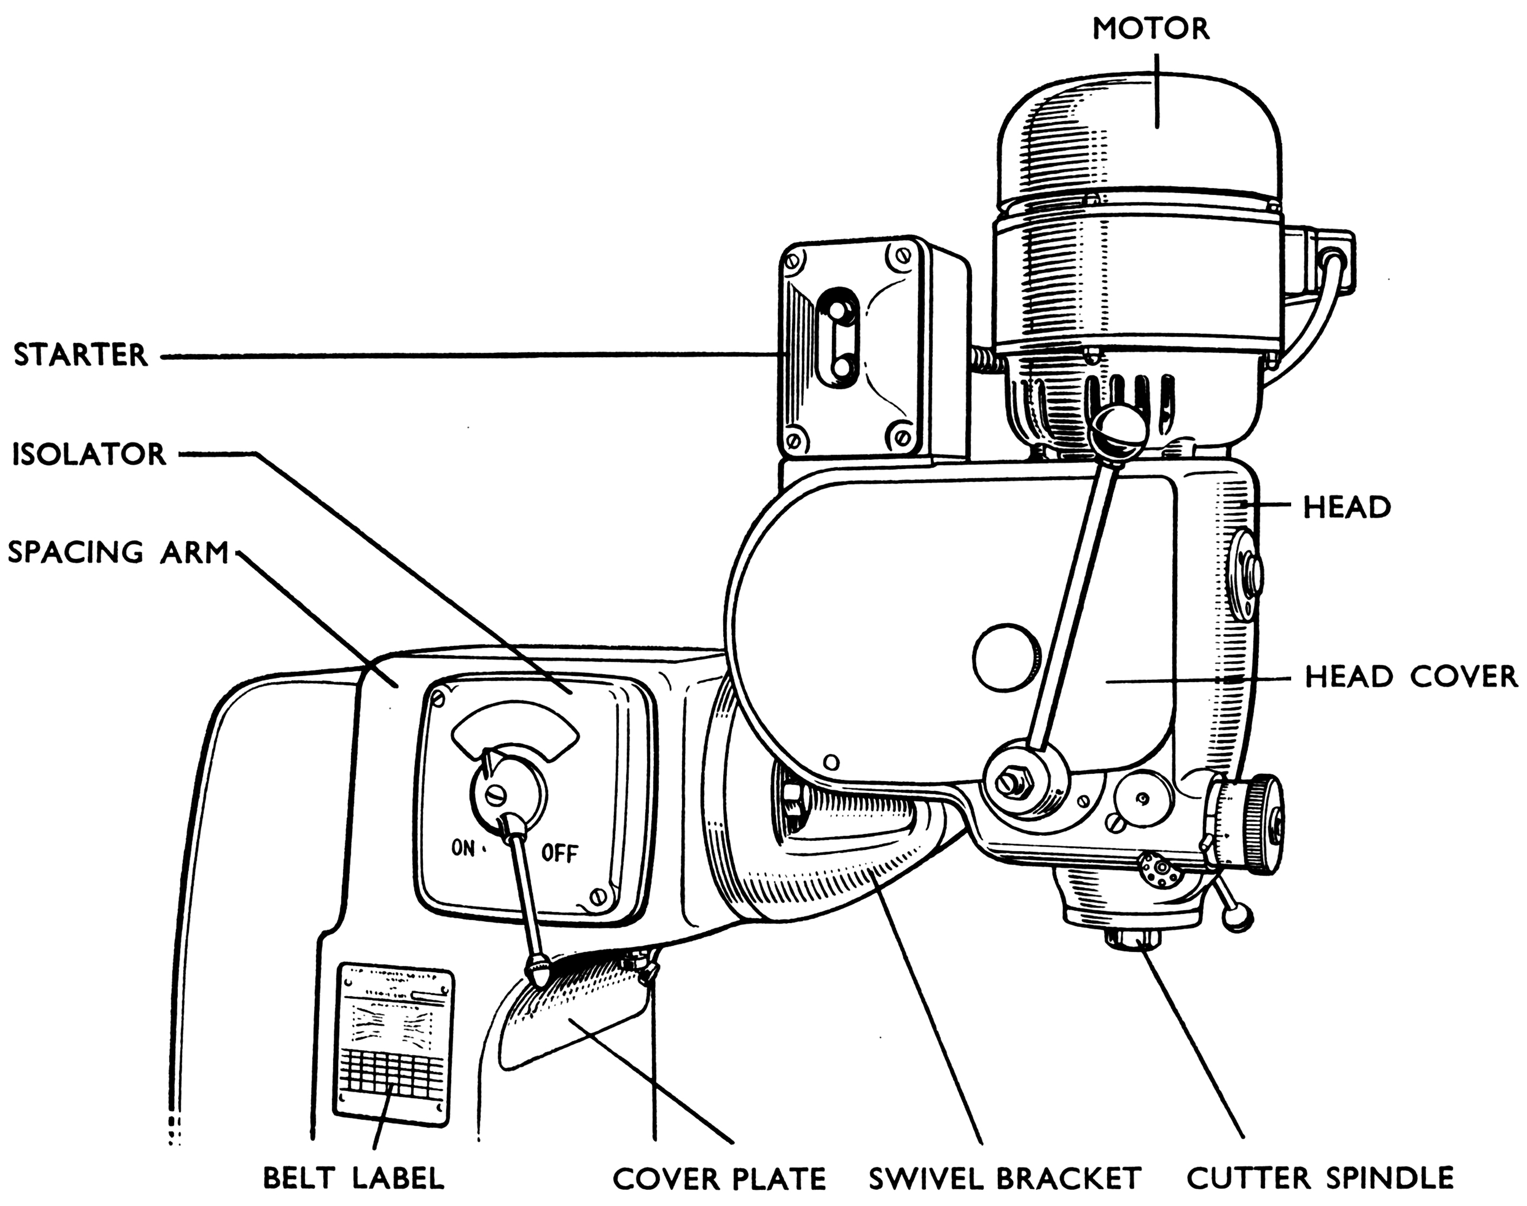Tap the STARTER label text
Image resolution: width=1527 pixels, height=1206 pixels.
(81, 355)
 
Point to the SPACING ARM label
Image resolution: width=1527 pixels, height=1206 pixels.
(118, 552)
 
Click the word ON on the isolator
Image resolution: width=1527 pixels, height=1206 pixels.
(463, 847)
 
